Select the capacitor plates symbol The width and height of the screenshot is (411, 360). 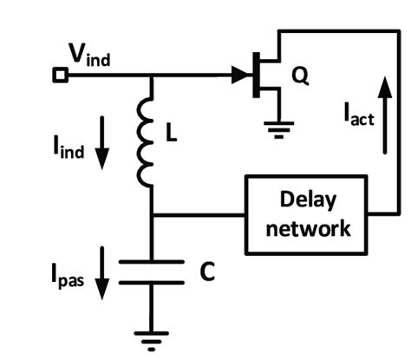pos(152,271)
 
